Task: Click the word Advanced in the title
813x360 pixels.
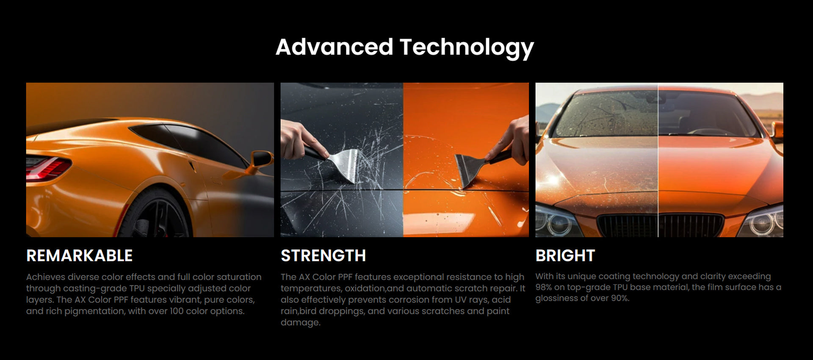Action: tap(335, 47)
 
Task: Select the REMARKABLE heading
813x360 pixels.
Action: tap(79, 255)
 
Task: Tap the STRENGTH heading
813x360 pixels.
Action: tap(323, 255)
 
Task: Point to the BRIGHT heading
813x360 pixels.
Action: tap(565, 255)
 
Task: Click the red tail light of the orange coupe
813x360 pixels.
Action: tap(47, 167)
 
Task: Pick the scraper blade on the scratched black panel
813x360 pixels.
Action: tap(343, 165)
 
